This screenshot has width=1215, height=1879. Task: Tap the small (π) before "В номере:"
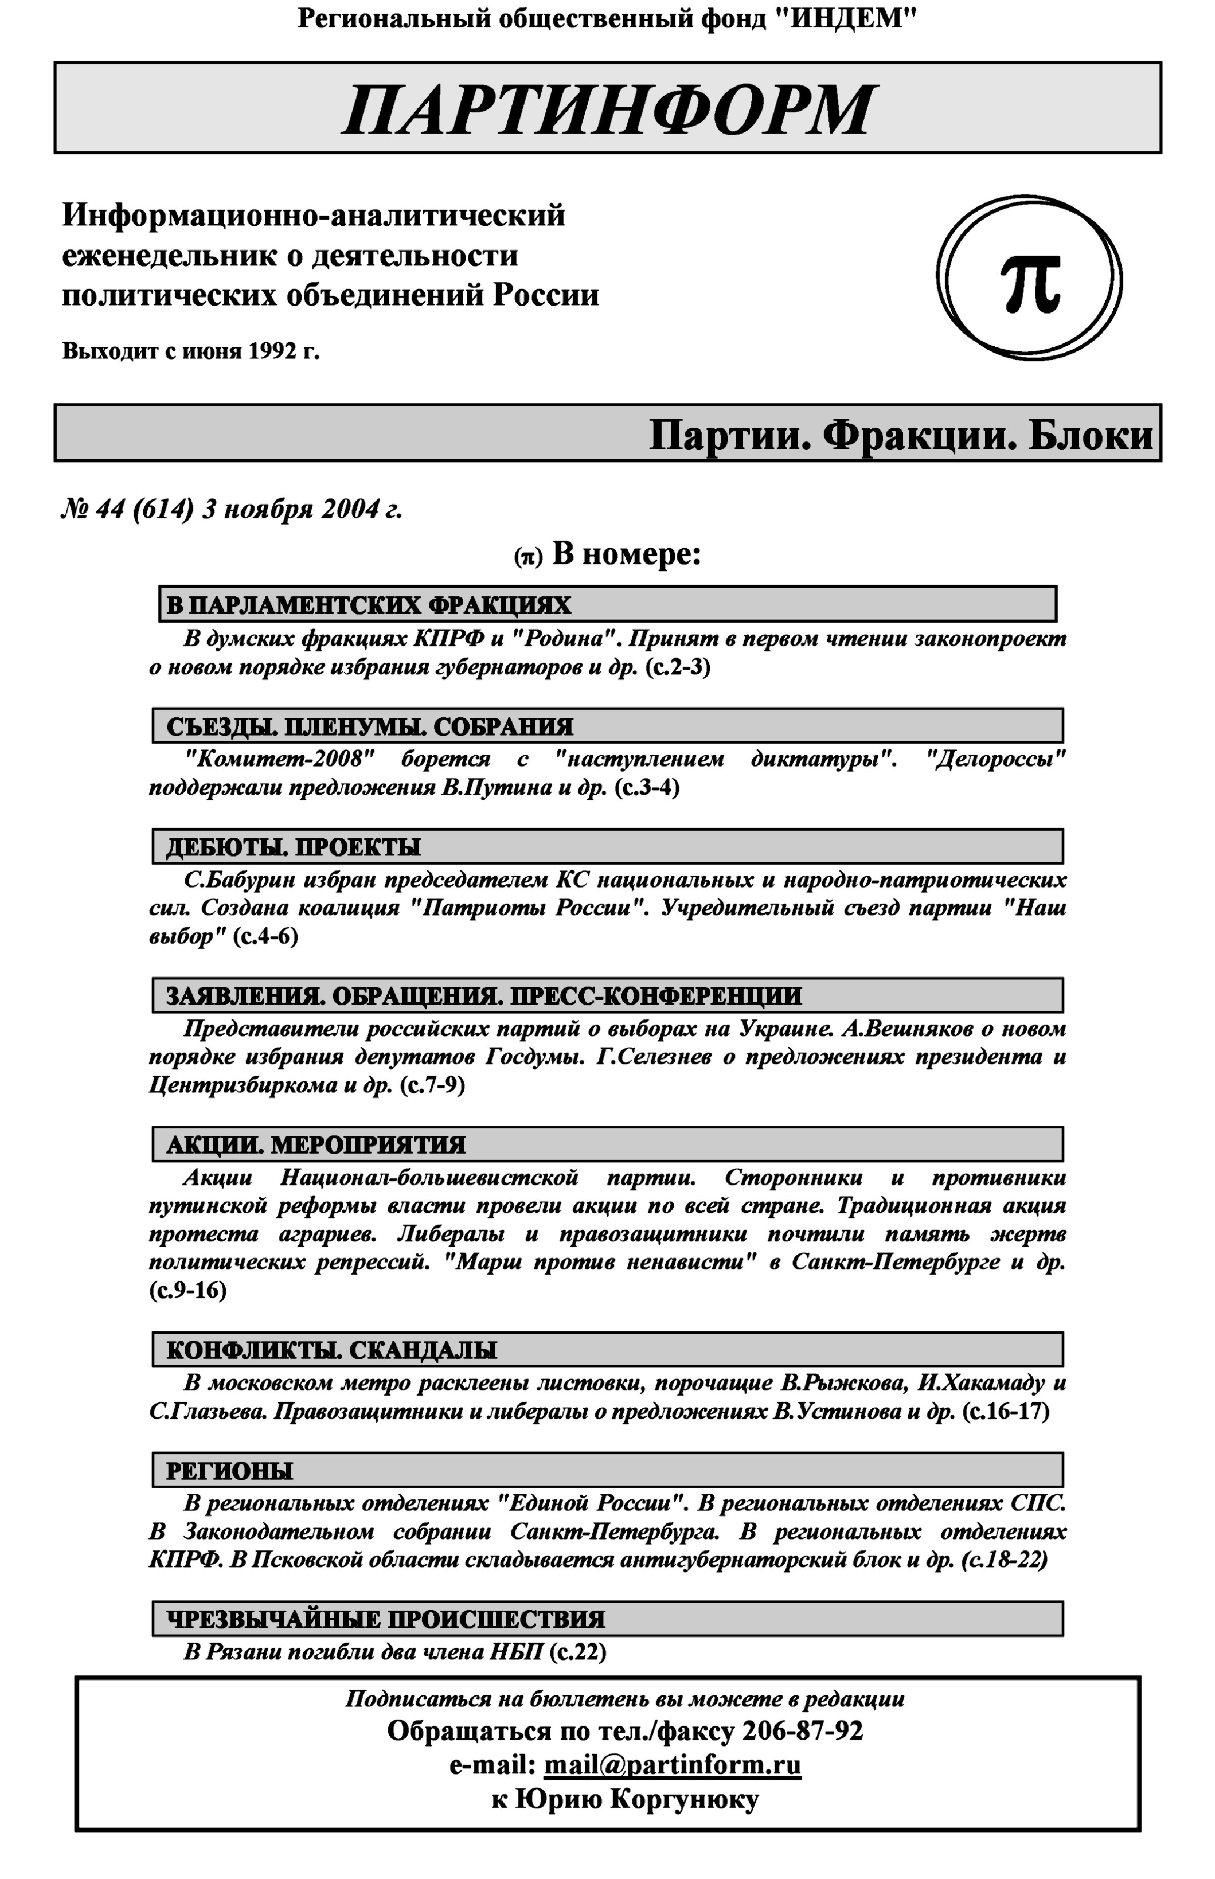528,557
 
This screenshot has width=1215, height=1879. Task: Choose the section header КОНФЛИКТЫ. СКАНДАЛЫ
332,1350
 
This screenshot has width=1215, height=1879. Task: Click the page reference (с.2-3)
678,667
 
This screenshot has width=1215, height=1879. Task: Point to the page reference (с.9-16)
188,1290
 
